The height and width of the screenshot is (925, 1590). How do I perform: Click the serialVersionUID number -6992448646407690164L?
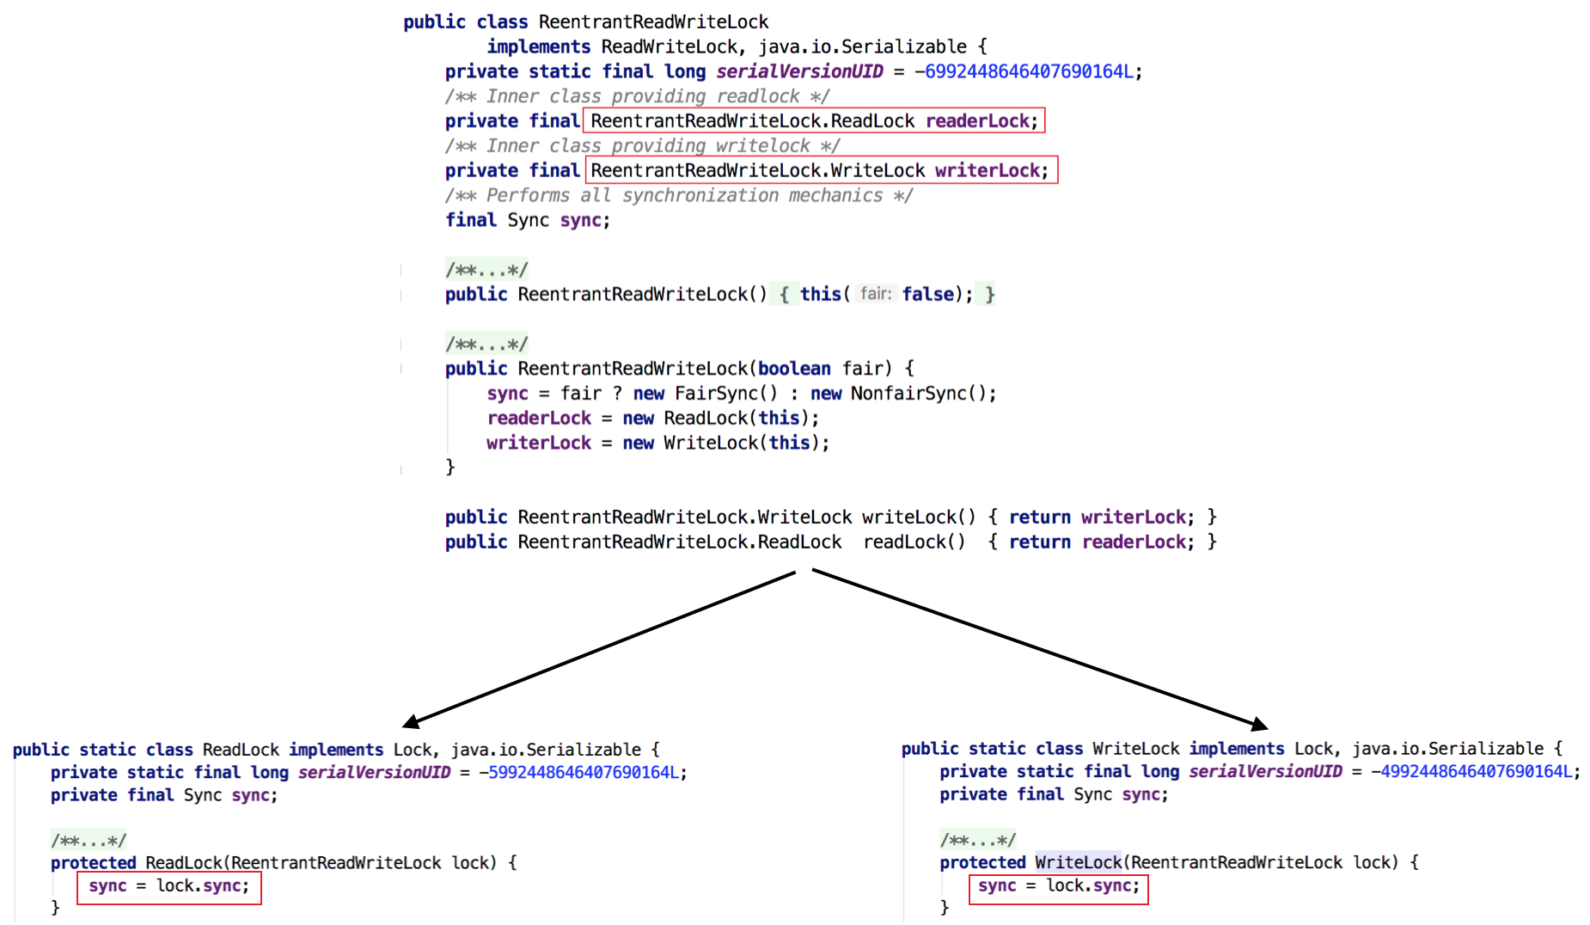pyautogui.click(x=1027, y=71)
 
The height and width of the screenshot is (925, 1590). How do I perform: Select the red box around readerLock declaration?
pyautogui.click(x=814, y=121)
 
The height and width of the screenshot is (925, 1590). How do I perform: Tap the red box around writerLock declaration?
pyautogui.click(x=821, y=170)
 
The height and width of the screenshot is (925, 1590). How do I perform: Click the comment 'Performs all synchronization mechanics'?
pyautogui.click(x=679, y=196)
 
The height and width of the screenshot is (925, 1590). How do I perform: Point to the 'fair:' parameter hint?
pyautogui.click(x=876, y=294)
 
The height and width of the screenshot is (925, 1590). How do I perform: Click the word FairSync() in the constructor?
pyautogui.click(x=725, y=394)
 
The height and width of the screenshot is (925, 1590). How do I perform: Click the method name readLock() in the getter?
pyautogui.click(x=914, y=542)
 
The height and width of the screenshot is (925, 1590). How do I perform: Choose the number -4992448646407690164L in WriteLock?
pyautogui.click(x=1475, y=772)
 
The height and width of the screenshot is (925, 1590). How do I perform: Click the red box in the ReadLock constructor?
pyautogui.click(x=168, y=887)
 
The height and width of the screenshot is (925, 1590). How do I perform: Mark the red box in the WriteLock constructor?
pyautogui.click(x=1058, y=887)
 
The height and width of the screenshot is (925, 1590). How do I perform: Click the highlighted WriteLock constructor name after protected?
pyautogui.click(x=1078, y=862)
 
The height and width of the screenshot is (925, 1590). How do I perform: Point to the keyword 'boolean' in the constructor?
pyautogui.click(x=794, y=369)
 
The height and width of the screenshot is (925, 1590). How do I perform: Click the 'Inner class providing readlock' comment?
pyautogui.click(x=637, y=96)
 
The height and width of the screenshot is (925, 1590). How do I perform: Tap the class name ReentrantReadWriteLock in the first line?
pyautogui.click(x=653, y=22)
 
